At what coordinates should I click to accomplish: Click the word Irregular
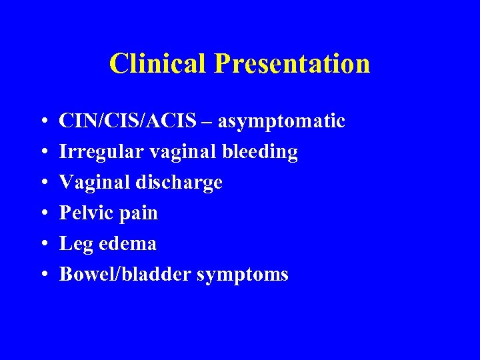[x=101, y=152]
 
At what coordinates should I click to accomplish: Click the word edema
[x=128, y=244]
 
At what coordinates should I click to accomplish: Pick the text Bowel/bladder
[x=125, y=274]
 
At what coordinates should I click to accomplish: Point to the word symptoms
[x=243, y=275]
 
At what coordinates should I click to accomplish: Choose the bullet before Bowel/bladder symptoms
[x=42, y=275]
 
